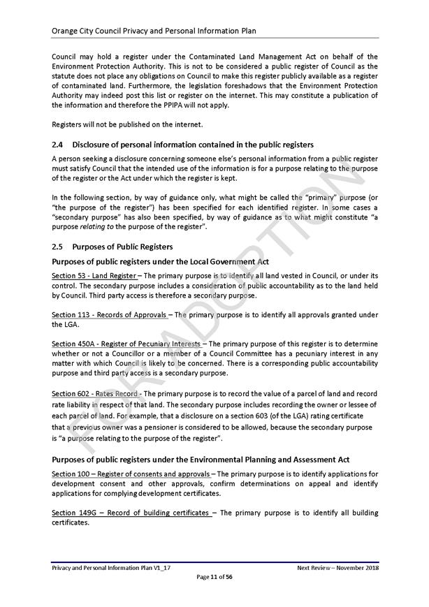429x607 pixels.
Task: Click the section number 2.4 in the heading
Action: pyautogui.click(x=58, y=145)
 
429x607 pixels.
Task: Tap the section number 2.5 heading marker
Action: pyautogui.click(x=58, y=247)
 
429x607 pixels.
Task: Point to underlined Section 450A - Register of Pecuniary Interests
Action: pyautogui.click(x=126, y=344)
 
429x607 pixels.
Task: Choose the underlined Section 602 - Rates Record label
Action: pyautogui.click(x=94, y=394)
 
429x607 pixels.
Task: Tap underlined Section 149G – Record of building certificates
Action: pyautogui.click(x=131, y=513)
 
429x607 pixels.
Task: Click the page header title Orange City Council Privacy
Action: pyautogui.click(x=154, y=31)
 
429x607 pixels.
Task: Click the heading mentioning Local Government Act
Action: pyautogui.click(x=160, y=261)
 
